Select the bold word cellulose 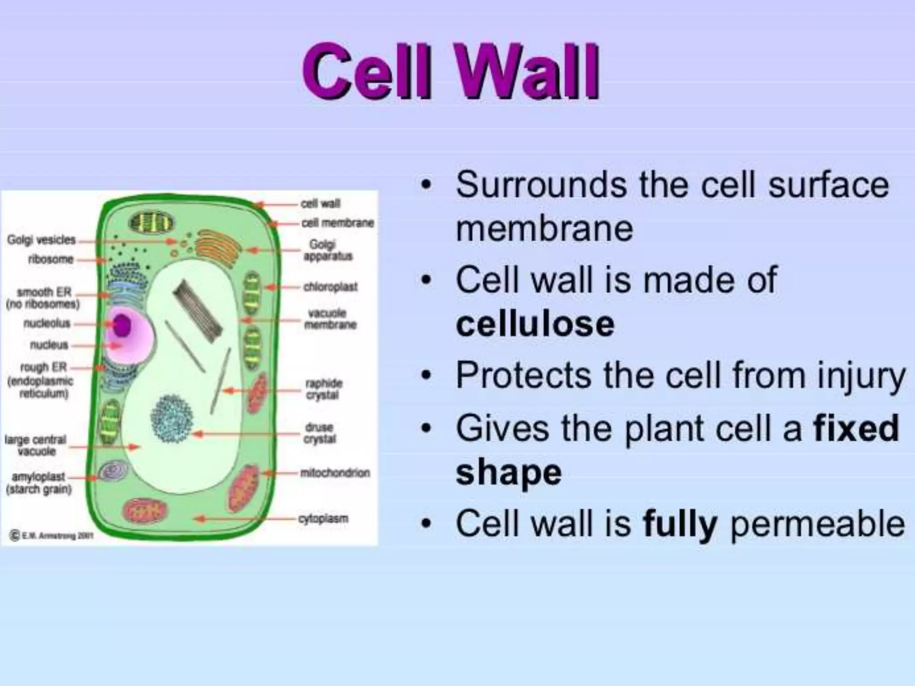point(535,324)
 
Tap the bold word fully point(680,523)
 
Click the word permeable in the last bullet point(818,523)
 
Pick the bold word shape point(508,473)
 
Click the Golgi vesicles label point(41,240)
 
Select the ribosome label point(50,259)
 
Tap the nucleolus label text point(47,323)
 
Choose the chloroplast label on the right point(330,287)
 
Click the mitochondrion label point(335,473)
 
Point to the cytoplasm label point(323,519)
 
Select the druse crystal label point(320,433)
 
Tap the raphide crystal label point(323,389)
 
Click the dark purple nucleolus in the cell point(121,325)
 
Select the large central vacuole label point(36,445)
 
